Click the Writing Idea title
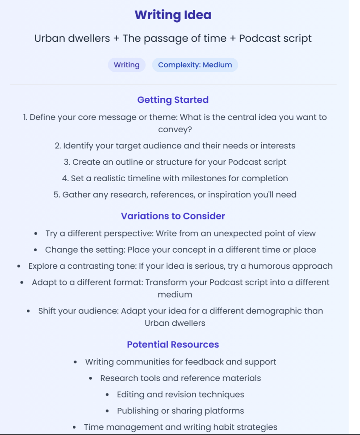coord(173,15)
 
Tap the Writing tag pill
coord(126,65)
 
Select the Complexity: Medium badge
coord(195,65)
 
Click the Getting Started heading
coord(173,100)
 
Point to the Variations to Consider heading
coord(173,216)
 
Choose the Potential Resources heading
coord(173,344)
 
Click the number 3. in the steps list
coord(67,162)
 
